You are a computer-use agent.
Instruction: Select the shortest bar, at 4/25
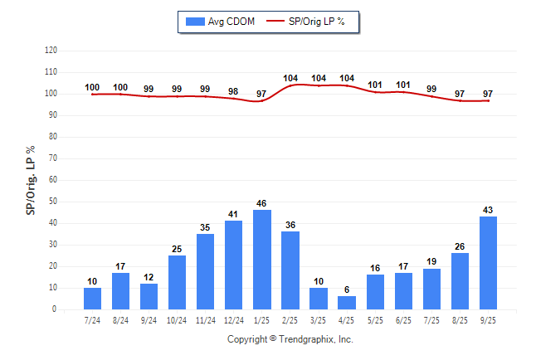click(347, 303)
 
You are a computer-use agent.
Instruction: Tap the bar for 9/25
click(488, 263)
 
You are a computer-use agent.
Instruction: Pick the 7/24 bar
click(93, 299)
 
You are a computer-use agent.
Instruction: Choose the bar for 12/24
click(234, 265)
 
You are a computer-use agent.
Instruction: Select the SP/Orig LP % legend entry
click(312, 21)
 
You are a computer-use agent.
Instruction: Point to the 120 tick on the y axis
click(51, 51)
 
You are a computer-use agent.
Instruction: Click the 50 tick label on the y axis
click(52, 202)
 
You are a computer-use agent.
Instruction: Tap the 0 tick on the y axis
click(55, 309)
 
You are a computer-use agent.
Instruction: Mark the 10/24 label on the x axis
click(178, 319)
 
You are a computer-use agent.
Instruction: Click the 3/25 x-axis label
click(319, 319)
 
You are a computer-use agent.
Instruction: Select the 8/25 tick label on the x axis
click(460, 319)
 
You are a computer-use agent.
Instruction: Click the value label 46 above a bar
click(262, 203)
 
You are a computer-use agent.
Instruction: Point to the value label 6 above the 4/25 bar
click(347, 289)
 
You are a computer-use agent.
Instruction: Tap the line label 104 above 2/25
click(290, 79)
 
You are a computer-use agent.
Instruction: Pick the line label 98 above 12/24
click(234, 91)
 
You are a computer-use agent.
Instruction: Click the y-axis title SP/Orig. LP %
click(31, 180)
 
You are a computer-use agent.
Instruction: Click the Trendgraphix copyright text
click(290, 339)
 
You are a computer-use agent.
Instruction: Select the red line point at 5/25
click(375, 91)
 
